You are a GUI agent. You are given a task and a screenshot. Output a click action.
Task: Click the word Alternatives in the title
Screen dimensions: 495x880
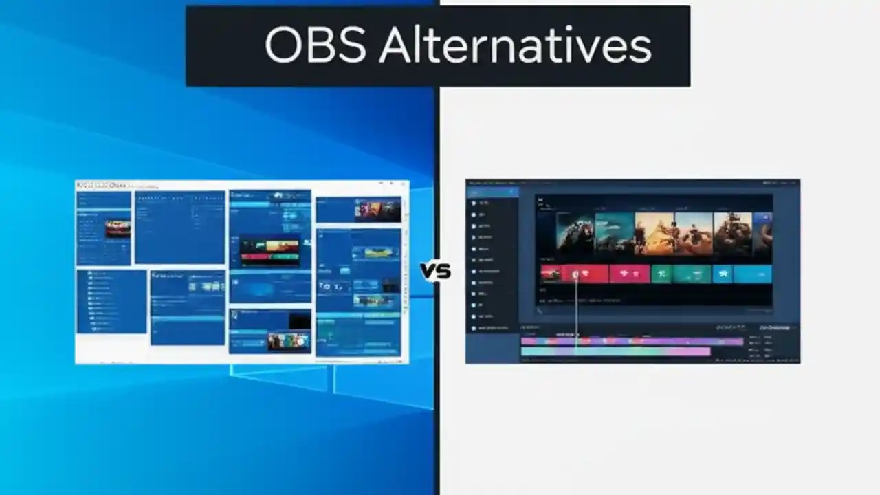pos(515,47)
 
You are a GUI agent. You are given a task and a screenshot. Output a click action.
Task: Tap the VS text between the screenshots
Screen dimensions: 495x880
pos(435,272)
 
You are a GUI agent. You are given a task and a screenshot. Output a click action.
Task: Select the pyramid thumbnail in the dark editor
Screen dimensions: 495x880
pos(654,234)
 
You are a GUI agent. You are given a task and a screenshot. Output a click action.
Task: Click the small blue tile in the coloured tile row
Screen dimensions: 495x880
pos(723,274)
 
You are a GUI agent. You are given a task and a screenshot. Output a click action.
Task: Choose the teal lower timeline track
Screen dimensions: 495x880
pos(615,352)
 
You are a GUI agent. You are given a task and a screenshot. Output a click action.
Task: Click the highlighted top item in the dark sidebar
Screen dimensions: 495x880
pos(492,192)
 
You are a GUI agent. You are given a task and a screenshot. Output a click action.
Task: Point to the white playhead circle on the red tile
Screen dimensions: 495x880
pos(575,274)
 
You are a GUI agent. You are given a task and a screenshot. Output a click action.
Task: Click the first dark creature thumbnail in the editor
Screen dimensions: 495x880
pos(575,234)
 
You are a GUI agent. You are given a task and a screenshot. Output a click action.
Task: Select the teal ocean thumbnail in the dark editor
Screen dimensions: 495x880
pos(615,234)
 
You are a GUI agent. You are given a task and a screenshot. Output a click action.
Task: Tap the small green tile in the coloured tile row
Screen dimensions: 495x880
pos(661,274)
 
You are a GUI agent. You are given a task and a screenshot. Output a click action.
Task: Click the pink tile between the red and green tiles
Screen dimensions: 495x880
pos(629,274)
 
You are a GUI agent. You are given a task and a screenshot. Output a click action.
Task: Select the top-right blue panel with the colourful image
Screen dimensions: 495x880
pos(358,209)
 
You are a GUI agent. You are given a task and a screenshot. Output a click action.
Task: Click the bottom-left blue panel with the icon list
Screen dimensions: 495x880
pos(111,301)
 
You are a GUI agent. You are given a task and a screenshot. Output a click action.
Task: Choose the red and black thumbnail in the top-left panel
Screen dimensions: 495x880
pos(118,229)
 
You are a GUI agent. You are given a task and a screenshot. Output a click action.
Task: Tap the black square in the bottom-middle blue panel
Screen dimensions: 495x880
pos(299,320)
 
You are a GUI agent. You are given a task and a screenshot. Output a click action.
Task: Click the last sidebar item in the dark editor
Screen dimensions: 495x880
pos(492,328)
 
